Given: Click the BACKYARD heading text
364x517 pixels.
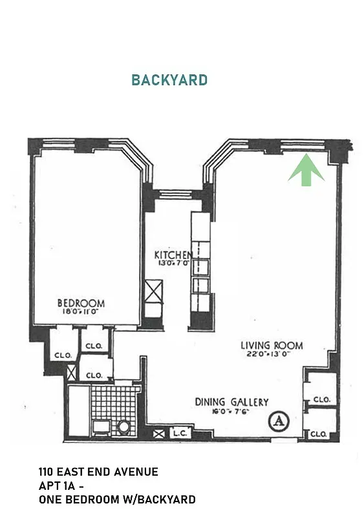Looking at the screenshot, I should point(169,80).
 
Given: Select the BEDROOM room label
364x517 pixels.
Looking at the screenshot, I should point(81,303).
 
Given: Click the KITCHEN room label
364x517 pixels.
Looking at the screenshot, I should point(173,255).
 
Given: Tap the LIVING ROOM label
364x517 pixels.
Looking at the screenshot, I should point(272,345).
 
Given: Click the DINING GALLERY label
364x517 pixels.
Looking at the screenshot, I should point(231,402).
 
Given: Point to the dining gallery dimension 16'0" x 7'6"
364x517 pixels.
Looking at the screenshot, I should point(231,411).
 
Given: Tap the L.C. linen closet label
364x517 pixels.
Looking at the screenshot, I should point(179,434).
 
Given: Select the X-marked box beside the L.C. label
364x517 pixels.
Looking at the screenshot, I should point(158,434).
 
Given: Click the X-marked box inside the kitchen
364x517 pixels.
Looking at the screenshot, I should point(154,290).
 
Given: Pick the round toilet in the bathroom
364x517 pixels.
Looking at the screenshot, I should point(123,428).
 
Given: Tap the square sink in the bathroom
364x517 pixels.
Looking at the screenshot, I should point(102,427).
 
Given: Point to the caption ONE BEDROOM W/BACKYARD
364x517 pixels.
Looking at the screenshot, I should point(116,500).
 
